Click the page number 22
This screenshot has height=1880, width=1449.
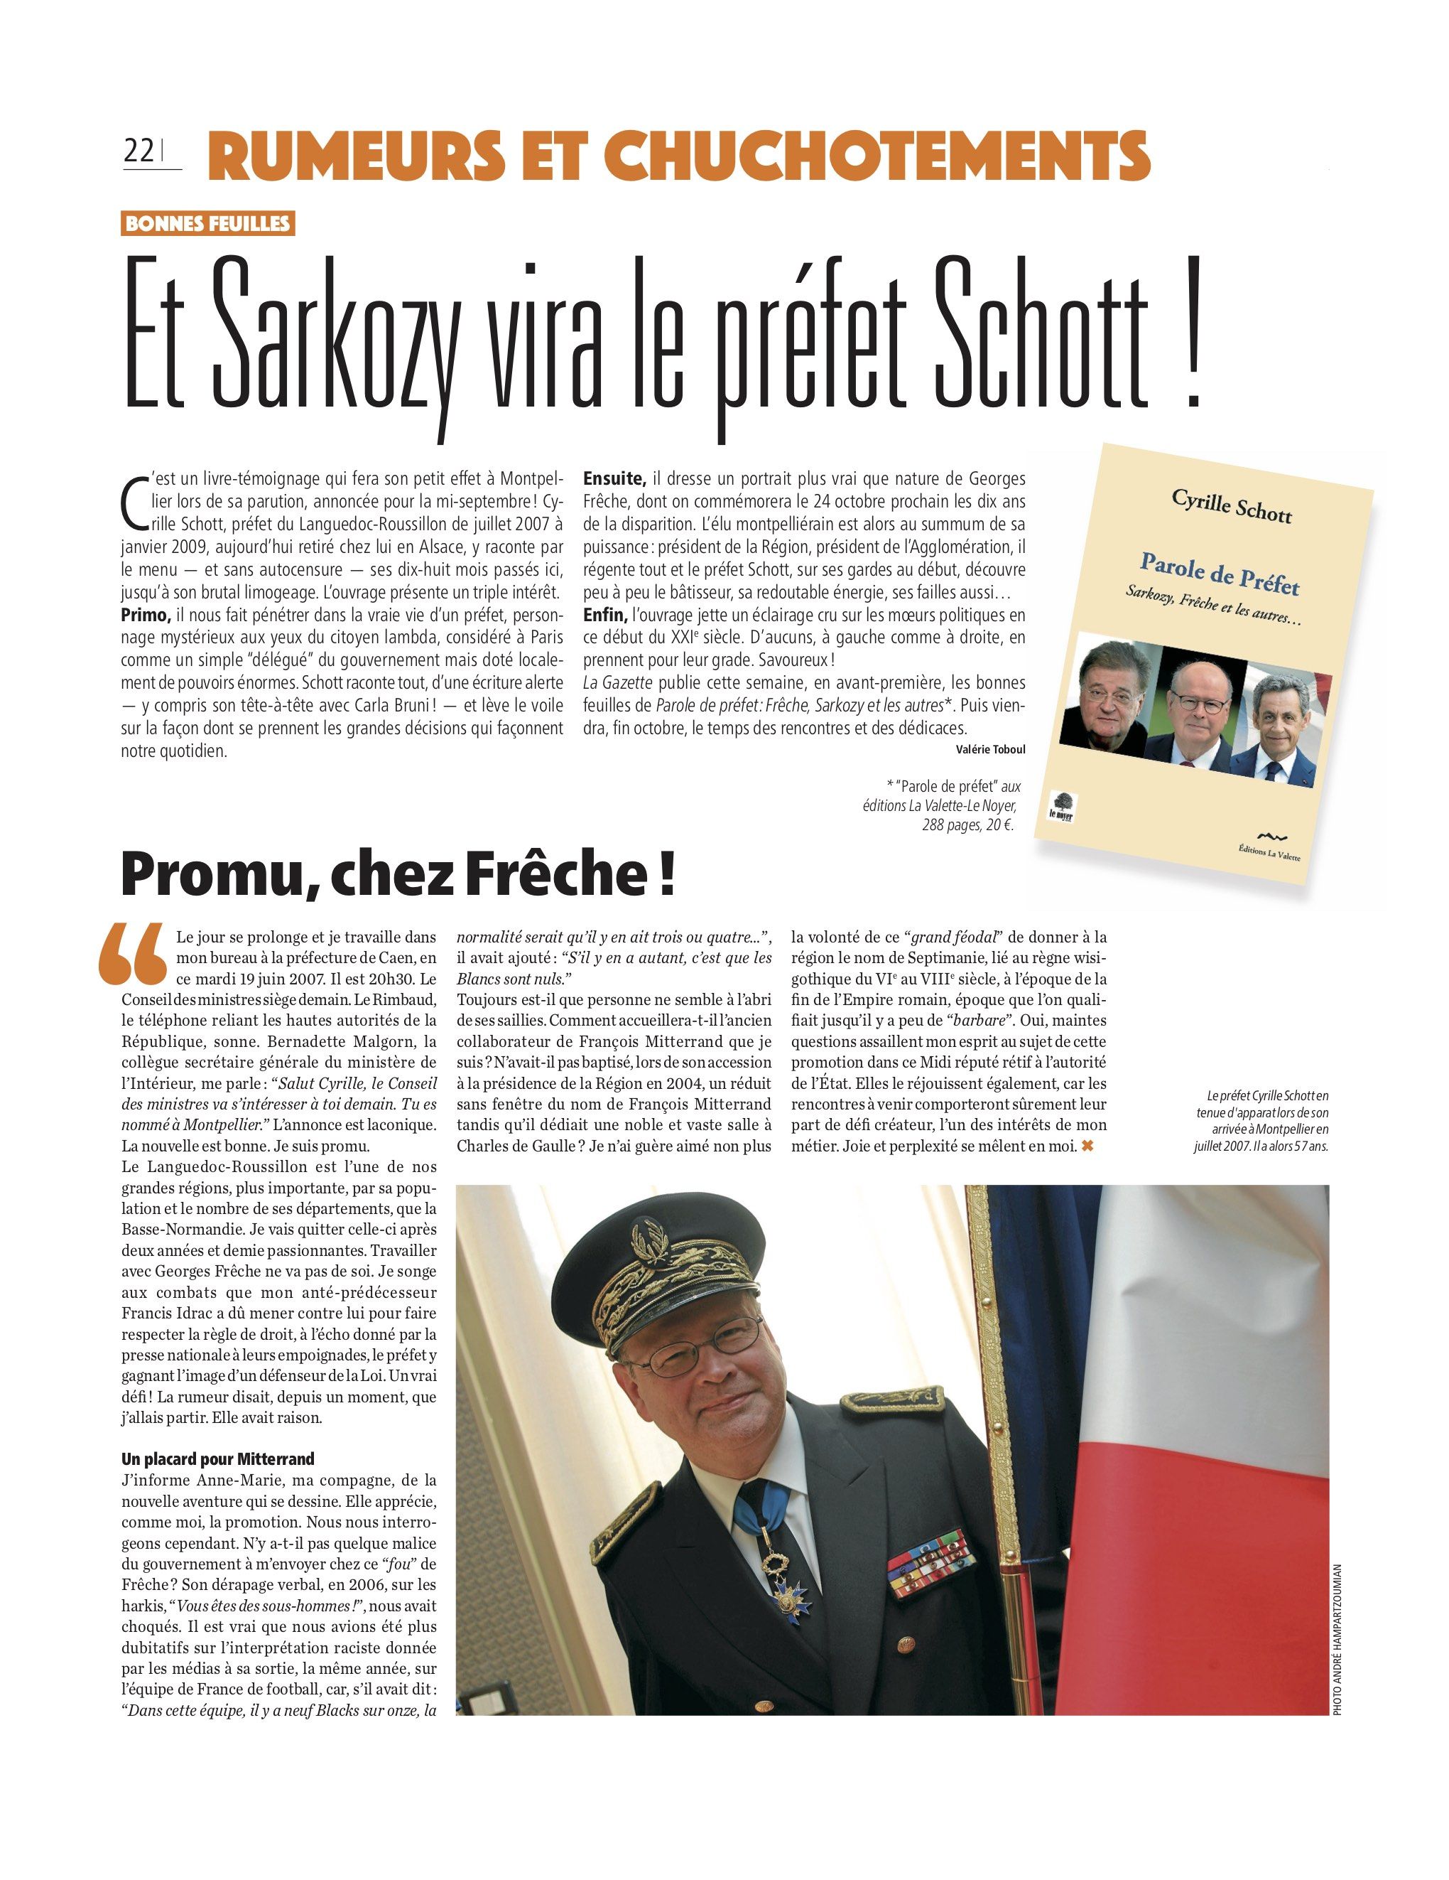(x=139, y=151)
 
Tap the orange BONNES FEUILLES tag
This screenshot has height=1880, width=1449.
(x=207, y=224)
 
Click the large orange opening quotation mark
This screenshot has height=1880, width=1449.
(x=133, y=954)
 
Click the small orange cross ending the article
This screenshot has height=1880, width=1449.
(x=1087, y=1146)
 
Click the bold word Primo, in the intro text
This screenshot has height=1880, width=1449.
(x=146, y=616)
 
